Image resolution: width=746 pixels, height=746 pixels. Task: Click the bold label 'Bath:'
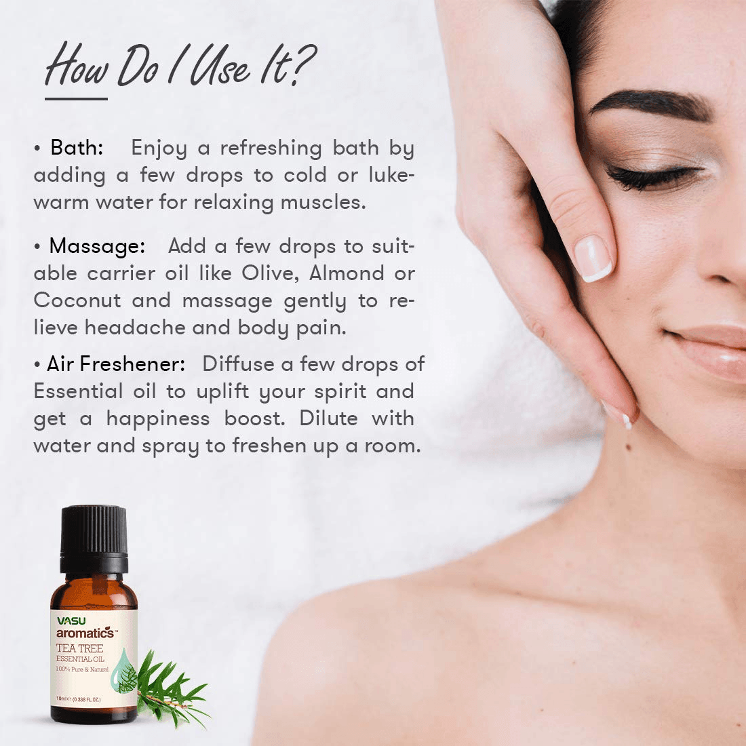coord(77,147)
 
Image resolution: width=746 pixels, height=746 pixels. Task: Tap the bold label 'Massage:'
coord(97,246)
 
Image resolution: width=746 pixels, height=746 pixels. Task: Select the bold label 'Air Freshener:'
coord(116,364)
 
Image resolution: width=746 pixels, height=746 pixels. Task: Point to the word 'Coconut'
coord(77,300)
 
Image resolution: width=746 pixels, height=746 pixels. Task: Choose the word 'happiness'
coord(158,418)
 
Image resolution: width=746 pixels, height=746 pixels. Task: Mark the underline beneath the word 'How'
coord(76,99)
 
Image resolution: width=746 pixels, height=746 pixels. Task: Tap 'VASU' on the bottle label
coord(71,621)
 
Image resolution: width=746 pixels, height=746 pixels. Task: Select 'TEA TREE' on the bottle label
coord(79,648)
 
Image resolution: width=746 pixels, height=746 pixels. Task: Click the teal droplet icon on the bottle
coord(123,668)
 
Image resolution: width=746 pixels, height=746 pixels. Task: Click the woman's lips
coord(709,349)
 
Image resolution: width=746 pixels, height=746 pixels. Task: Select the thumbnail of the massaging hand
coord(592,259)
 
